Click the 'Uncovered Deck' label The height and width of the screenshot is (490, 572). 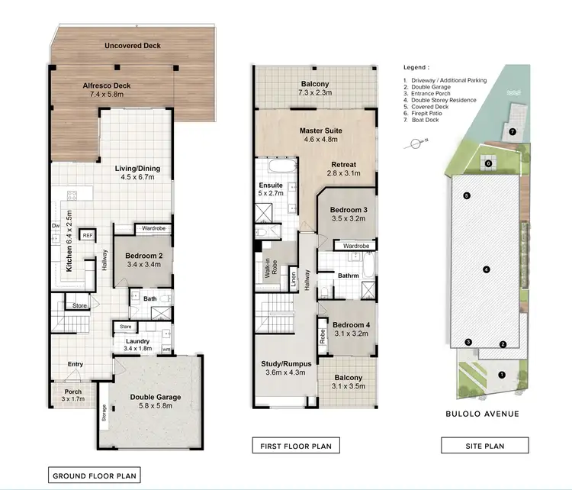(133, 46)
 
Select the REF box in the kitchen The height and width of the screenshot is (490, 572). (88, 235)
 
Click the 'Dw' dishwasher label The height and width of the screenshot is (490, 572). (56, 227)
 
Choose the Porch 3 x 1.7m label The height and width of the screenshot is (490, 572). (72, 395)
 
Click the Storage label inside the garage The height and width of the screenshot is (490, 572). (103, 418)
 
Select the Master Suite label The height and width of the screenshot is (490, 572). (315, 131)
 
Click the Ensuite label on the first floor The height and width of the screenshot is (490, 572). (272, 185)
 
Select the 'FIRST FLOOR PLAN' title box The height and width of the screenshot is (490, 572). (296, 446)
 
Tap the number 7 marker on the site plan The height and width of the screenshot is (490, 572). (513, 132)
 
